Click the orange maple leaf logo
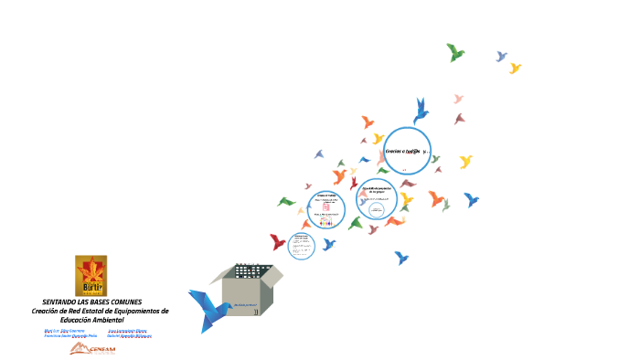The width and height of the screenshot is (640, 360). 91,275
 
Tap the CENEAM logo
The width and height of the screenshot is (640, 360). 93,349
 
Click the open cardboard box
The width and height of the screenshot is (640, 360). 245,287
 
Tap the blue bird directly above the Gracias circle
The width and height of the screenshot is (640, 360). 421,110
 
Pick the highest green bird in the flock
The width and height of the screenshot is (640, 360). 454,52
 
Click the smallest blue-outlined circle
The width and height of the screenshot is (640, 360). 301,246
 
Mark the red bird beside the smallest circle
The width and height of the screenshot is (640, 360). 277,241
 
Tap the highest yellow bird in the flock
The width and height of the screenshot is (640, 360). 515,68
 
